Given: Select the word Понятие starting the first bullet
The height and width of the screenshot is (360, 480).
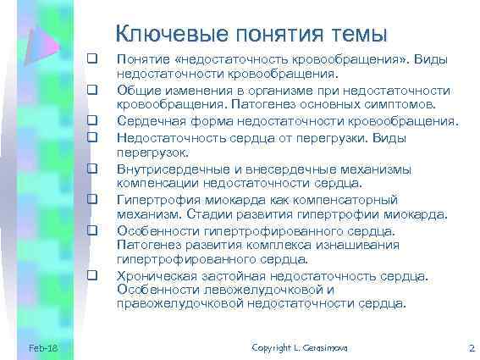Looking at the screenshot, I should pyautogui.click(x=143, y=59).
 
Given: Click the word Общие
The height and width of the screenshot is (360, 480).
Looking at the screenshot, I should pyautogui.click(x=138, y=90).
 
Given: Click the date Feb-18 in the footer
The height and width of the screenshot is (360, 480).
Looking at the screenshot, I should pyautogui.click(x=42, y=348).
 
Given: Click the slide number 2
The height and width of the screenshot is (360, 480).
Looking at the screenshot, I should pyautogui.click(x=472, y=348).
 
